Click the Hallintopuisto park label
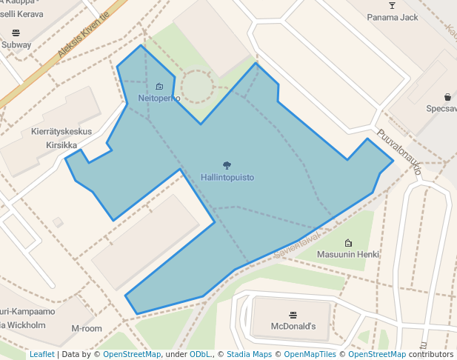click(227, 178)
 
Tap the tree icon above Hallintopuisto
click(227, 165)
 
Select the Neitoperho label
click(159, 99)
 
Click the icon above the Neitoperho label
click(159, 87)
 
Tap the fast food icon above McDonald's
click(293, 314)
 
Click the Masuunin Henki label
click(348, 254)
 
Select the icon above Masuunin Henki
click(348, 242)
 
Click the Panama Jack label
click(393, 17)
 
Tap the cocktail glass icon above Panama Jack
click(393, 6)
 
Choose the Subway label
click(16, 44)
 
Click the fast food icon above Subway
click(16, 33)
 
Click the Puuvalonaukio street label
click(399, 153)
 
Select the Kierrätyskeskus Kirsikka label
click(61, 139)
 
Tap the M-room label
click(87, 328)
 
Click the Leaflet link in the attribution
click(42, 355)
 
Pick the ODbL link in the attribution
click(200, 355)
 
